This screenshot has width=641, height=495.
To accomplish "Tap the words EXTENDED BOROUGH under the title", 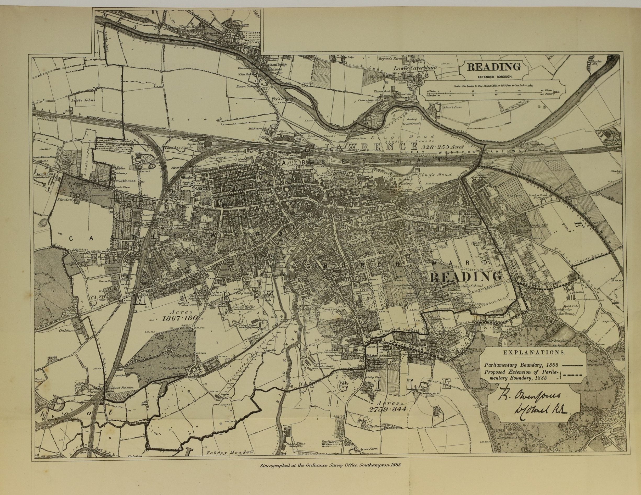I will (494, 77).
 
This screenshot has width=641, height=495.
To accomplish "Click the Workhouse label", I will (127, 181).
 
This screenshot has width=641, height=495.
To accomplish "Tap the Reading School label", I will (468, 286).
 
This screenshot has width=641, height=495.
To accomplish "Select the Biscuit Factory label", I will (406, 181).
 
